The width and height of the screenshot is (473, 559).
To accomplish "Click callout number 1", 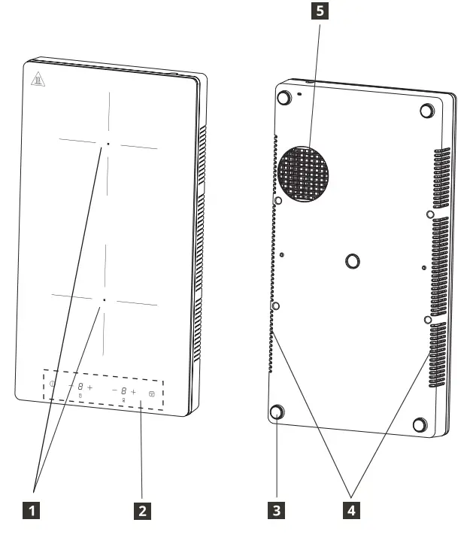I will [x=31, y=509].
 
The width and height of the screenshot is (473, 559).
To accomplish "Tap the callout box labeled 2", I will [x=140, y=509].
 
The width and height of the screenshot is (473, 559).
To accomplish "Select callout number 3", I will [x=277, y=509].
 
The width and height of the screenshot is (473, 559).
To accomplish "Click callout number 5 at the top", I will [x=321, y=12].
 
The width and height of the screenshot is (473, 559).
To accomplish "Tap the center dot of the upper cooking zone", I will [x=108, y=142].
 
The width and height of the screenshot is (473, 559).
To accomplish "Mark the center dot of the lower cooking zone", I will [x=105, y=299].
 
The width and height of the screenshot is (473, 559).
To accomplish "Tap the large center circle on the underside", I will [x=352, y=260].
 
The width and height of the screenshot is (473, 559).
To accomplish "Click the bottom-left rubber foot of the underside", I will [x=277, y=412].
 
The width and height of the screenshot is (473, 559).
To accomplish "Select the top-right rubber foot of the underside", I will [x=426, y=111].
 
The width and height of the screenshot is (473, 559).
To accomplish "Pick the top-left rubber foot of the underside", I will [x=284, y=98].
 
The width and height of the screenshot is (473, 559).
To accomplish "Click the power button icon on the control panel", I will [x=53, y=384].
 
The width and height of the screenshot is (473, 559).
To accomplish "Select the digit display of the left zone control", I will [x=80, y=387].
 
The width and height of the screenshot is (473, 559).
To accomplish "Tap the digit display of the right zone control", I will [x=123, y=391].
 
